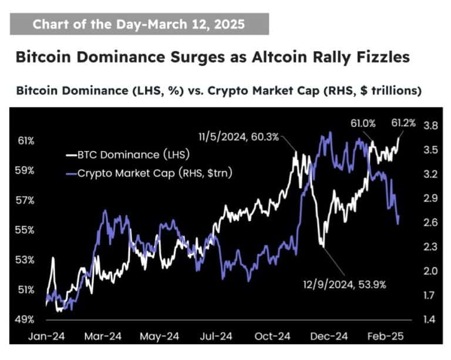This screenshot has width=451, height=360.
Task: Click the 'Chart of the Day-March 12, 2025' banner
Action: click(x=139, y=24)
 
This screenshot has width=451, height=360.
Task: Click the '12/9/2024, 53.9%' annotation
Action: click(x=344, y=285)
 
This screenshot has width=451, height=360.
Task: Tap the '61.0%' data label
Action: click(x=363, y=124)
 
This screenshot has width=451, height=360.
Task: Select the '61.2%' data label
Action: click(x=403, y=124)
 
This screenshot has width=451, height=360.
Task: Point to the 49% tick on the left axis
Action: click(x=25, y=319)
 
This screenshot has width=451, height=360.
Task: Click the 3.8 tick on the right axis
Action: click(x=430, y=126)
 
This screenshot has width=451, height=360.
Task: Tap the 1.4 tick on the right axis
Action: click(x=430, y=319)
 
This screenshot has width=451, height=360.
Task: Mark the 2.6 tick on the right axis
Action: click(x=430, y=223)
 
